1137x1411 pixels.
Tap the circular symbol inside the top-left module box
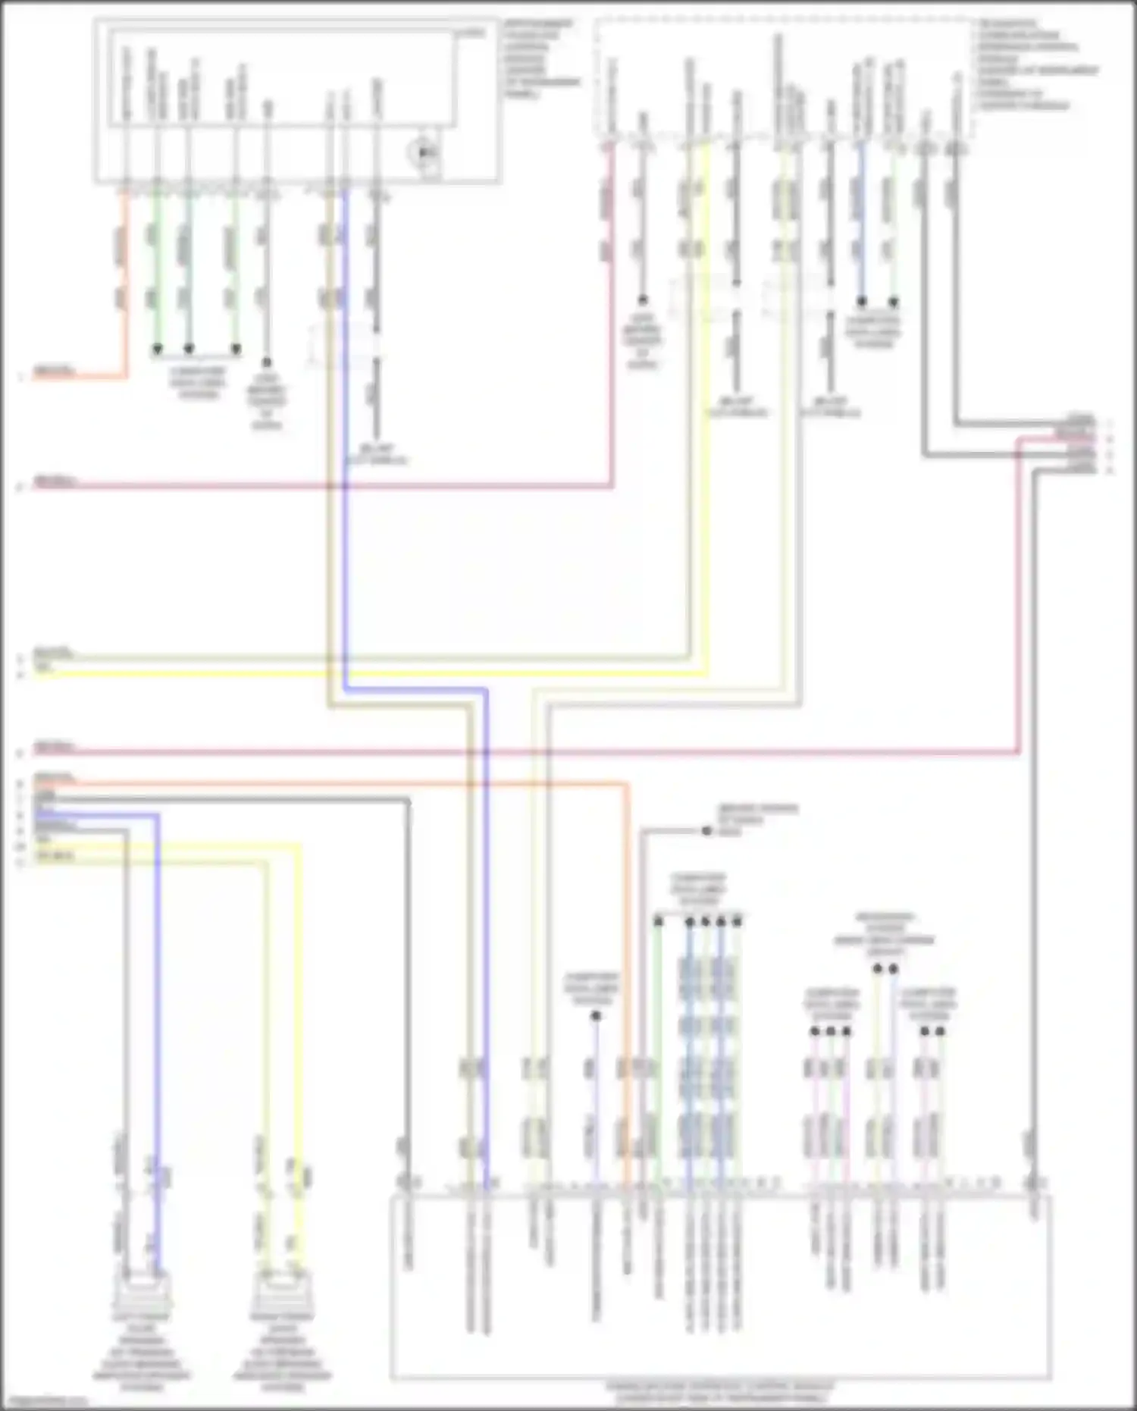[424, 154]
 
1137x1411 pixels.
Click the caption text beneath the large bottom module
[719, 1392]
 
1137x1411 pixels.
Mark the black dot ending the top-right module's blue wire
[862, 302]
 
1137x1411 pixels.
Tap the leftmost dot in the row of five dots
[658, 921]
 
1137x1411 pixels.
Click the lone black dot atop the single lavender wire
[596, 1016]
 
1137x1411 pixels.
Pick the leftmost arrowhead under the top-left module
[157, 350]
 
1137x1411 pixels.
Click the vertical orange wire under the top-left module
[125, 288]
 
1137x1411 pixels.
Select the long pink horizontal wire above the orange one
[531, 753]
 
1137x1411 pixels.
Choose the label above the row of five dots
[698, 889]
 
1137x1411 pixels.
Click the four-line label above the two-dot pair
[885, 934]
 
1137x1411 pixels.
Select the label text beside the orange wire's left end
[54, 779]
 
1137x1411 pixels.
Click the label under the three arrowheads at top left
[197, 384]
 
